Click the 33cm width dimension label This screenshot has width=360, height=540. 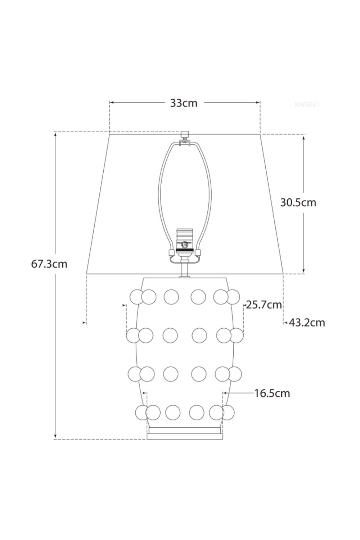(x=184, y=103)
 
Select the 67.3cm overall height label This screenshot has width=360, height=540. (x=49, y=264)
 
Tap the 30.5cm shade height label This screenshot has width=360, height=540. (x=298, y=202)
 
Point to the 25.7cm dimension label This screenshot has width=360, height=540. (x=264, y=305)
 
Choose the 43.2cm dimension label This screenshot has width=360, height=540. (x=307, y=322)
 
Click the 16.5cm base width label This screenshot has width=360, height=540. (x=272, y=393)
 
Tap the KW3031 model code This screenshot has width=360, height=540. (x=307, y=105)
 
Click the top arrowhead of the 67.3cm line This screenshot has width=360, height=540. (x=55, y=134)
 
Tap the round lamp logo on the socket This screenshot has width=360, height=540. (x=185, y=244)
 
